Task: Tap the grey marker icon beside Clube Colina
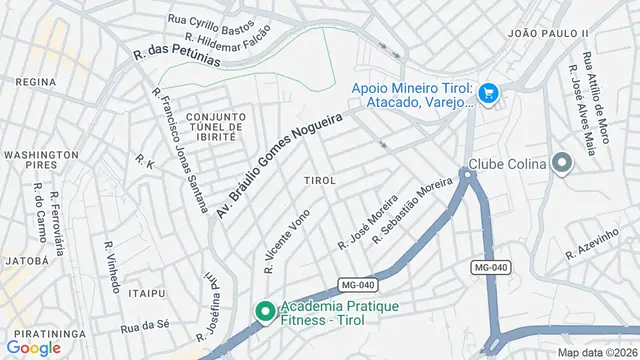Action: (561, 163)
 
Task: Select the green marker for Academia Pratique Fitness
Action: (265, 312)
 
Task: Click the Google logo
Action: (33, 347)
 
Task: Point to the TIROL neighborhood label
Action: (319, 180)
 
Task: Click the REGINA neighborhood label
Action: (35, 81)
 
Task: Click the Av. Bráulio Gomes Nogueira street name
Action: (279, 164)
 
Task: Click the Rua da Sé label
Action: (145, 326)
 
